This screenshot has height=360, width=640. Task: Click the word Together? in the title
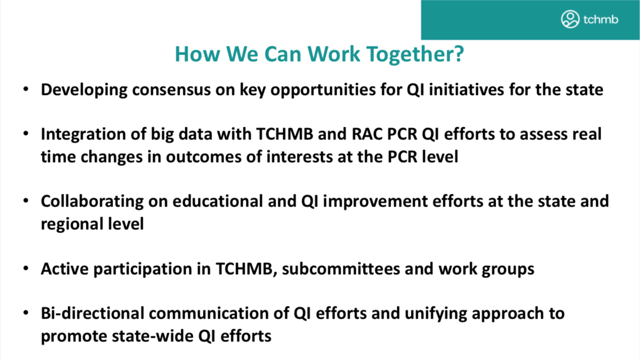pos(415,55)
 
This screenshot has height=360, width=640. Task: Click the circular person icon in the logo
pos(570,19)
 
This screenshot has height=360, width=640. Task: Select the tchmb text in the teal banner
pos(601,19)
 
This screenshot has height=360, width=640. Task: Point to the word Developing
pos(84,90)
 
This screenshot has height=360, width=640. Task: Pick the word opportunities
pos(323,90)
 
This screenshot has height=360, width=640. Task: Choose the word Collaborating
pos(92,201)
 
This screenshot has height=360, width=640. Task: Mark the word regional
pos(72,224)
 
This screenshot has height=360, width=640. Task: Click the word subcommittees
pos(341,269)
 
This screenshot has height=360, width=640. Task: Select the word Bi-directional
pos(92,313)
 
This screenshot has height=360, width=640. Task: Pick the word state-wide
pos(153,336)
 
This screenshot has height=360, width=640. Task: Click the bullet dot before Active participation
pos(26,269)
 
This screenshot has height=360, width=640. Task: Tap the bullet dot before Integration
pos(26,133)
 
